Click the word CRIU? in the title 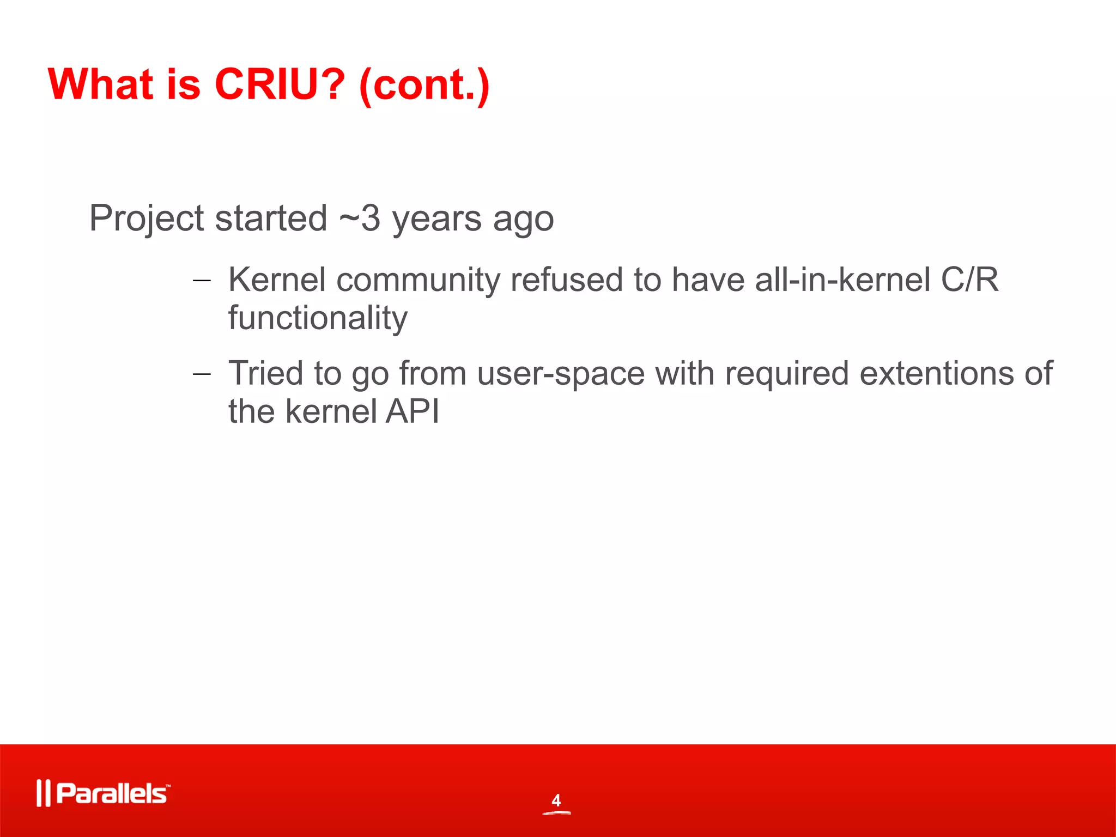coord(280,84)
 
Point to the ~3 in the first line coord(360,218)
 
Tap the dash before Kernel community coord(202,281)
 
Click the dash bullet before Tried coord(202,374)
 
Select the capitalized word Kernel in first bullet coord(277,280)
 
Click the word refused coord(566,280)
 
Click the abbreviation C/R coord(970,280)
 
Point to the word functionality coord(317,318)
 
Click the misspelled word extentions coord(937,374)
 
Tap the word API coord(412,411)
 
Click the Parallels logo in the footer coord(104,793)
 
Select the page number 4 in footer coord(556,800)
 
